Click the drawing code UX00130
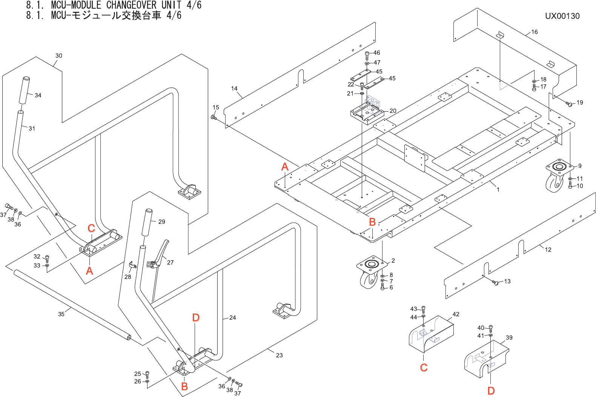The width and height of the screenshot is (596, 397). click(562, 16)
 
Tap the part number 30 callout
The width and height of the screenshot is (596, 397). click(58, 55)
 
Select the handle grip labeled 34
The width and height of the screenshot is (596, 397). click(24, 90)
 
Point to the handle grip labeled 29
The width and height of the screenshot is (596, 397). click(147, 222)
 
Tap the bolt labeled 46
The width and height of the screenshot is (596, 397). click(367, 55)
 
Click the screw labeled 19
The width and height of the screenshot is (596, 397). click(569, 104)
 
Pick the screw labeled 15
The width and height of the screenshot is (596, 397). click(214, 117)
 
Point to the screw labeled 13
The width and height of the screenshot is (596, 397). click(495, 283)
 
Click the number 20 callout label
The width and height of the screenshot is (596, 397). click(393, 111)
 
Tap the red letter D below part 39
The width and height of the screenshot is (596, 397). click(491, 391)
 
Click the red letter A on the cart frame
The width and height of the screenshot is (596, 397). click(285, 167)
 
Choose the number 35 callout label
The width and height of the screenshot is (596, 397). click(61, 314)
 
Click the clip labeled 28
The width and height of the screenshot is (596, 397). click(132, 265)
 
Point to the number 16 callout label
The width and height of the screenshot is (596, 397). click(535, 32)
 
